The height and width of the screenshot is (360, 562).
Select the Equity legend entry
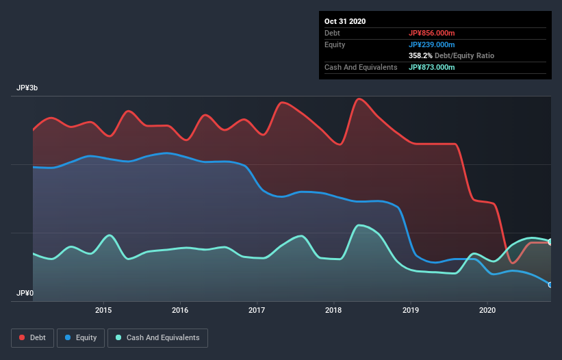[81, 337]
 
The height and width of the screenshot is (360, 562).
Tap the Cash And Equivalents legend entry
[157, 337]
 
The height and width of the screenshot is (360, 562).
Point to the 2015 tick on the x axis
[103, 310]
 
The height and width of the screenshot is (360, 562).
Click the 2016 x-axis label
[180, 310]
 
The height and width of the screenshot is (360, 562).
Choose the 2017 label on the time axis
[257, 310]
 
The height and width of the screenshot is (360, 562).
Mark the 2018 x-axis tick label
[333, 310]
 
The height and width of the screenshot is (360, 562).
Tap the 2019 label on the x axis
[410, 310]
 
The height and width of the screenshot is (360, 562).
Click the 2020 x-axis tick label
[487, 310]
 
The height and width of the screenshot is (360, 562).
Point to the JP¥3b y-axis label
[27, 88]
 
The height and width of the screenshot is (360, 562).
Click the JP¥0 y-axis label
[25, 293]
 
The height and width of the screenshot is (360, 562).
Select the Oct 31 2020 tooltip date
[345, 21]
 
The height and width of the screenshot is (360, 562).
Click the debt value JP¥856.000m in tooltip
[431, 33]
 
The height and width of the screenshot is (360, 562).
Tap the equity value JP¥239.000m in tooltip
[431, 44]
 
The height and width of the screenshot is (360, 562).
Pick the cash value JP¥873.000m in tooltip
[431, 67]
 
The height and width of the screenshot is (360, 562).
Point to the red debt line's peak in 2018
[359, 99]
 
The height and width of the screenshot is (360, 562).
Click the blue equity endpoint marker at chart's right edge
[550, 285]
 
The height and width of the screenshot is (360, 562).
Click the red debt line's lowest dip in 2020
[512, 263]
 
